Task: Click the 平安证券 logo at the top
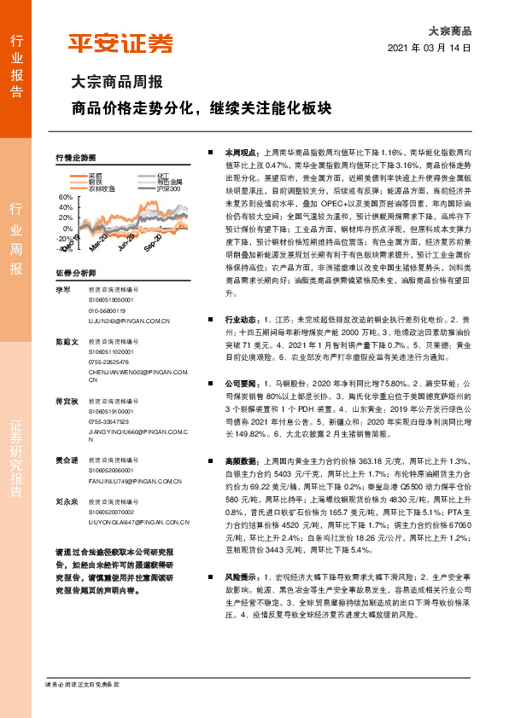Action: pos(120,43)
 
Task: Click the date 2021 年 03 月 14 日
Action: pos(429,48)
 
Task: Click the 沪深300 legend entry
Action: pos(169,188)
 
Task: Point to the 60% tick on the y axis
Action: pos(66,198)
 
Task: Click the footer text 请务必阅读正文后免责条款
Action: pos(81,685)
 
